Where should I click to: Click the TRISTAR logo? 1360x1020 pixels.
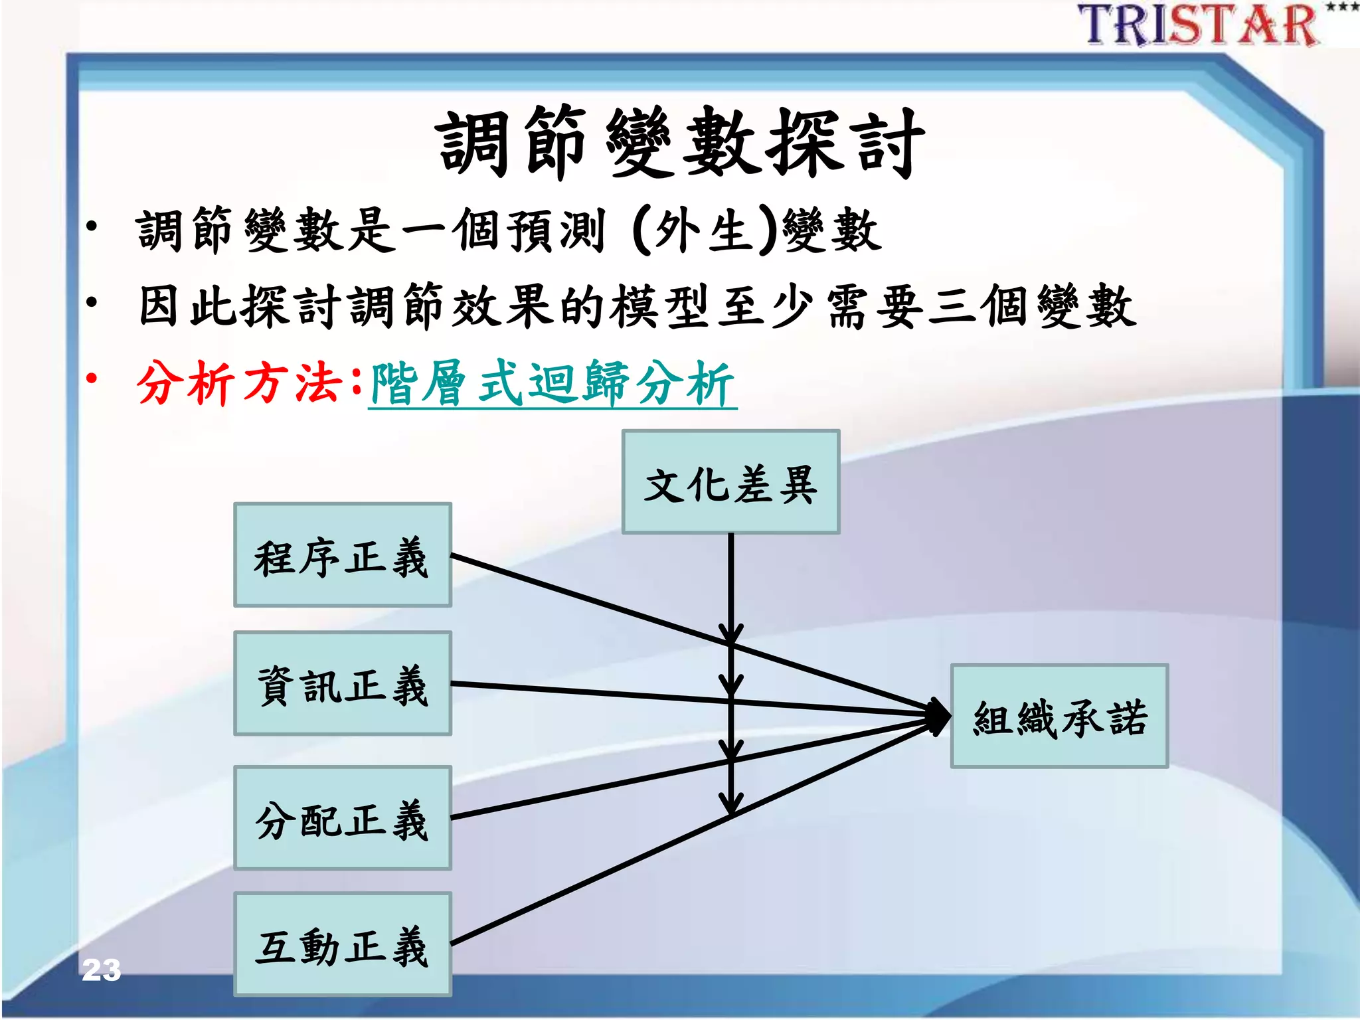pos(1199,25)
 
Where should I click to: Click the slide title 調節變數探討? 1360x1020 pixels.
pos(680,143)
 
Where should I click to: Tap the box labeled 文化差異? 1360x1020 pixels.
pos(730,482)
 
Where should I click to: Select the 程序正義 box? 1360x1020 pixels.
pos(342,555)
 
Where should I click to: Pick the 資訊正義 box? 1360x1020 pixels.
pos(342,684)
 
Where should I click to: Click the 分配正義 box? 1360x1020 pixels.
pos(342,818)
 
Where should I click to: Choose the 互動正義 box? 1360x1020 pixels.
pos(342,944)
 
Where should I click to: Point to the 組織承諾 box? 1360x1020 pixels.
pos(1059,717)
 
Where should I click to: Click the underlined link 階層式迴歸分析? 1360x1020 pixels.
pos(552,384)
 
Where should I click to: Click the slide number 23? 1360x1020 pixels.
pos(101,970)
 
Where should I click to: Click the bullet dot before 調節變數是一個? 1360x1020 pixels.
pos(92,226)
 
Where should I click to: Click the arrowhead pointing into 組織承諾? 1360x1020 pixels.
pos(939,717)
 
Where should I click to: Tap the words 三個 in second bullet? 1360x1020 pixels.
pos(979,306)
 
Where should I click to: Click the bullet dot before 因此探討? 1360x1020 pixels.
pos(92,303)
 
